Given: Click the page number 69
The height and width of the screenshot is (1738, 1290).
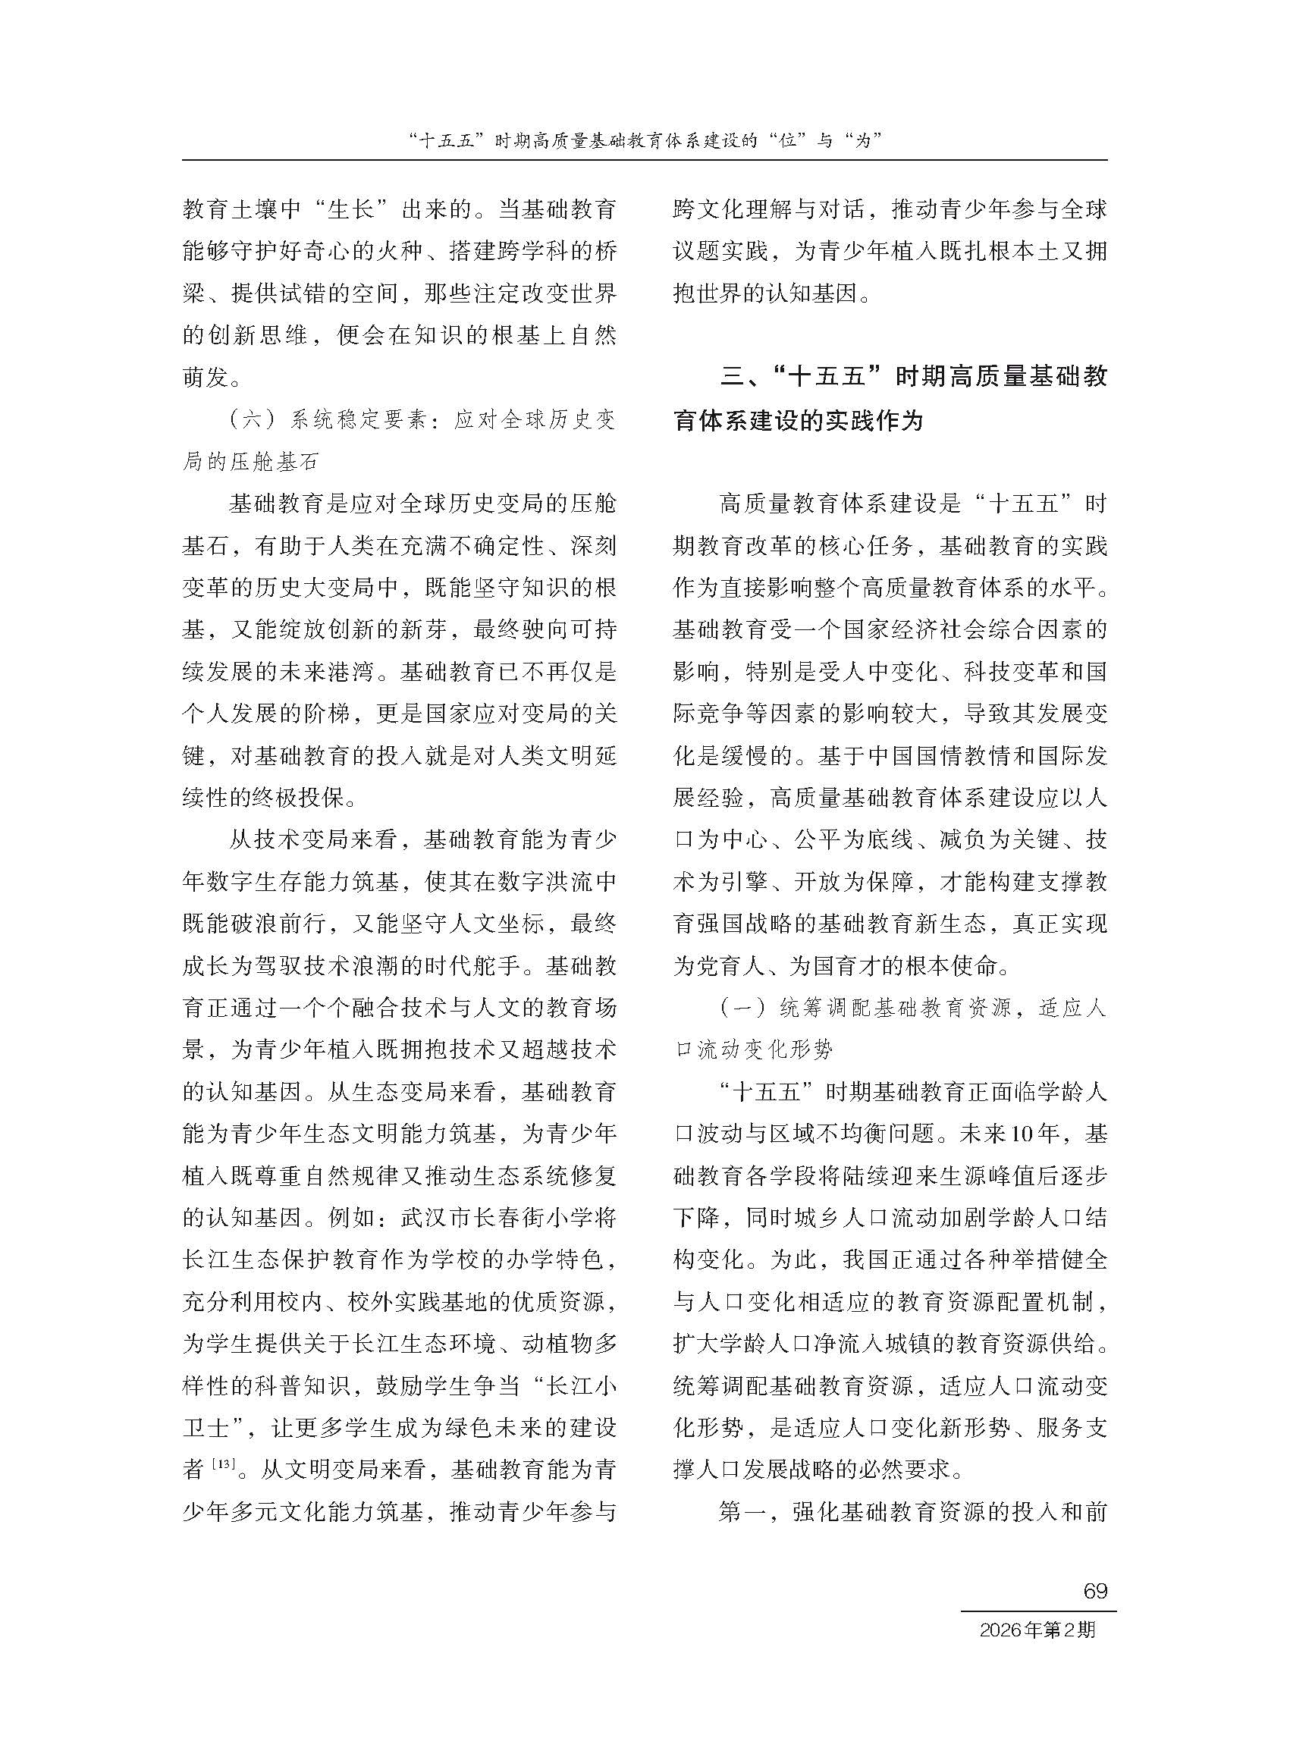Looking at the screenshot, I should (x=1096, y=1591).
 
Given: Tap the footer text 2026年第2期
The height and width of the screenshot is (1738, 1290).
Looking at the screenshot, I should (x=1037, y=1630).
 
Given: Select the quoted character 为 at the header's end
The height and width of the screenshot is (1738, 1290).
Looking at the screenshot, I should (x=863, y=140).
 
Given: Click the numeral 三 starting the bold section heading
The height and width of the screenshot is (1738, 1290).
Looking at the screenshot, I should (x=733, y=377).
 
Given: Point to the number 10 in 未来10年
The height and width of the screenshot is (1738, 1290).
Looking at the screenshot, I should (x=1022, y=1134).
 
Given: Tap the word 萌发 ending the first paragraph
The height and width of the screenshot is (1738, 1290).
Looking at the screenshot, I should (x=206, y=378).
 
